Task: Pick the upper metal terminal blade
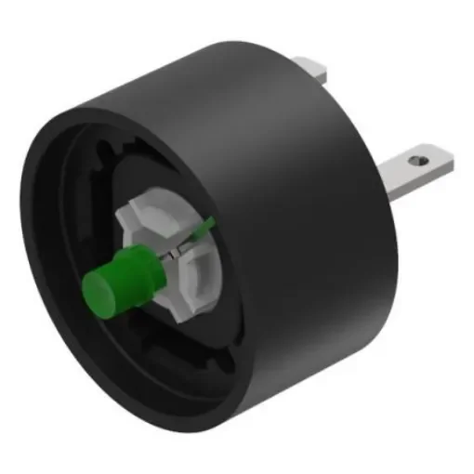click(311, 70)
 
